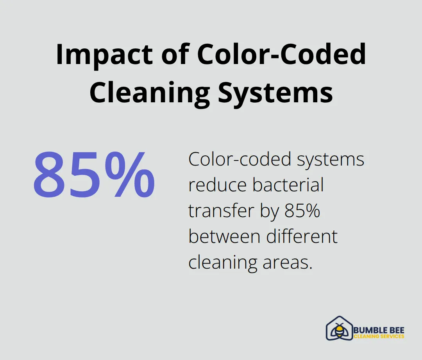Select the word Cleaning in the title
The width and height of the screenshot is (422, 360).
(150, 93)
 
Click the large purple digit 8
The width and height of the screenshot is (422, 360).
(50, 175)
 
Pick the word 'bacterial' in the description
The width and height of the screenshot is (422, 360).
(288, 185)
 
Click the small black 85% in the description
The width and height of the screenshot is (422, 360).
(302, 210)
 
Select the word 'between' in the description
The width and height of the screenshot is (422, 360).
(224, 236)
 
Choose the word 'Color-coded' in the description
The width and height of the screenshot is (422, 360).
(240, 159)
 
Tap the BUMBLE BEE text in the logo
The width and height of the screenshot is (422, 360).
(379, 330)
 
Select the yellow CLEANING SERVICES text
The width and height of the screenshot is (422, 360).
(379, 336)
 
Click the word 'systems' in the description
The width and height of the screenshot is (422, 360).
(331, 160)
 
